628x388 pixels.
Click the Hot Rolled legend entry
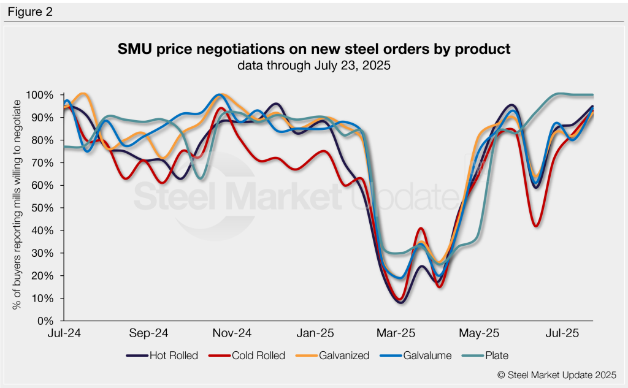click(162, 356)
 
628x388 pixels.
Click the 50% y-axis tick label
click(44, 208)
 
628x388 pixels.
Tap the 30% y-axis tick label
click(44, 253)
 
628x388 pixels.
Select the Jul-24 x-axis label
click(66, 333)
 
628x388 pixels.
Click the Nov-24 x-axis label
click(232, 333)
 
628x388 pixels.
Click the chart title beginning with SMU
click(314, 49)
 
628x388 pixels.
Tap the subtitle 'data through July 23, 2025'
click(314, 66)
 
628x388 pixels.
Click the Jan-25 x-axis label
click(315, 333)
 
